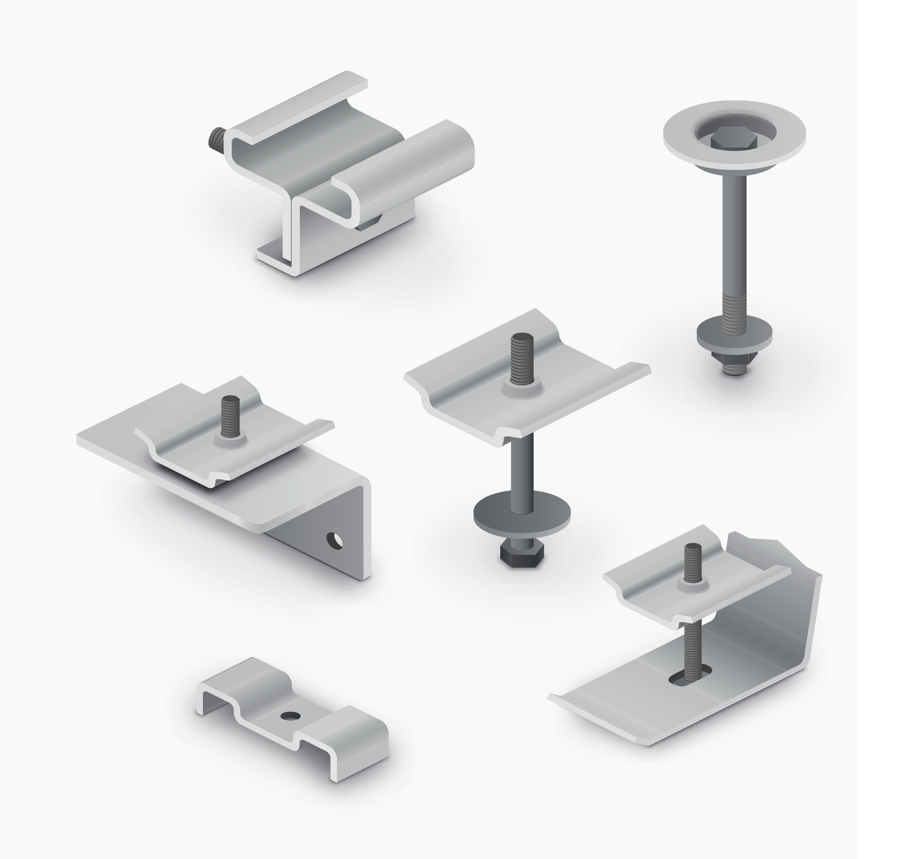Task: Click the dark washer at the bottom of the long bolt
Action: [x=734, y=333]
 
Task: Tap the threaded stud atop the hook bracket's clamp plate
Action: [x=693, y=564]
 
